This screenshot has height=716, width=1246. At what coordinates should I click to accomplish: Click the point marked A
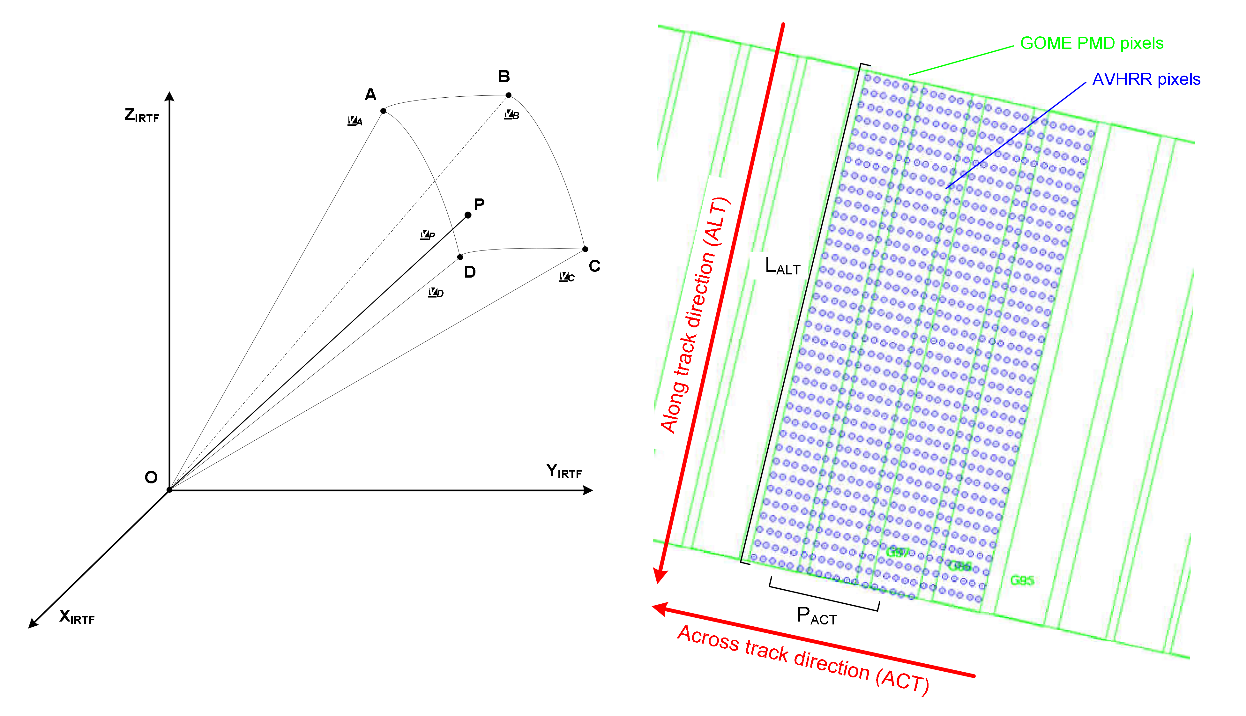(383, 111)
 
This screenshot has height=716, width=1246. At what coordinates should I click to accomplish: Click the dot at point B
(508, 95)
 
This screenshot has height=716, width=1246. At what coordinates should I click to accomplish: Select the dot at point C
(585, 249)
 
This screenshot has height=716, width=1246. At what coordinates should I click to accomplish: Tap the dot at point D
(460, 257)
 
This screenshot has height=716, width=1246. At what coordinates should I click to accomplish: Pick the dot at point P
(468, 215)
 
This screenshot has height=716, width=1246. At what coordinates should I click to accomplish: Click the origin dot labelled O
(169, 490)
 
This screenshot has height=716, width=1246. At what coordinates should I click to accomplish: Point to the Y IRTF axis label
(564, 471)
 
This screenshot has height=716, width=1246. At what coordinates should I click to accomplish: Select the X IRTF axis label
(77, 617)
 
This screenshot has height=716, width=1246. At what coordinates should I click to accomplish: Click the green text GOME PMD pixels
(1092, 43)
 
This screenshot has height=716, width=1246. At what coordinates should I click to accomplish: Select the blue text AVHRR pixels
(1146, 79)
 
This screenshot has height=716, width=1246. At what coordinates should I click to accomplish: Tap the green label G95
(1022, 581)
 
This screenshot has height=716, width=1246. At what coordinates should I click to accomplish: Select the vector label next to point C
(566, 277)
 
